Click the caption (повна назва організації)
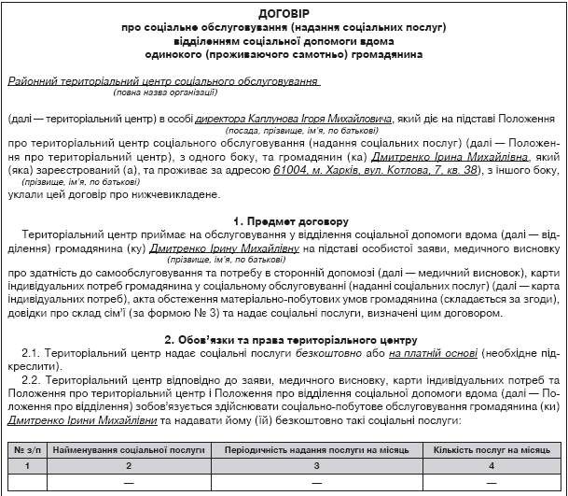(165, 92)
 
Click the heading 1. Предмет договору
(284, 221)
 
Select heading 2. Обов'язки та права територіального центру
(284, 339)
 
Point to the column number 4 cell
(492, 465)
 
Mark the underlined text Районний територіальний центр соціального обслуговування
(163, 81)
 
